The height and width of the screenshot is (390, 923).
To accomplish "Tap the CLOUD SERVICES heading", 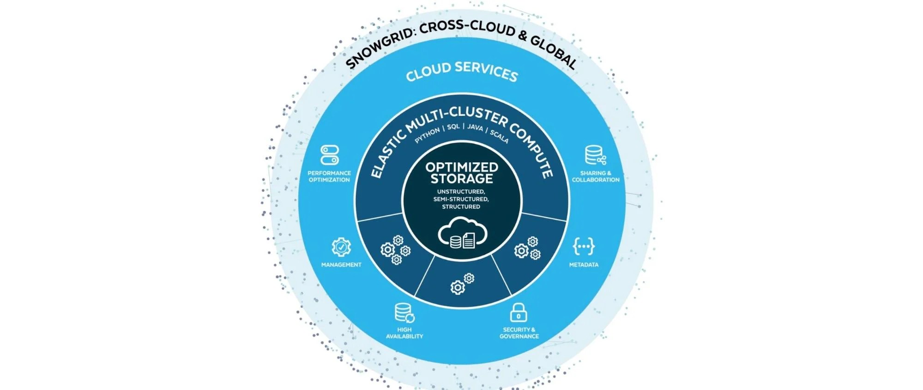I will tap(462, 72).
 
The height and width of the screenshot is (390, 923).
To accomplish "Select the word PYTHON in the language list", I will tap(427, 135).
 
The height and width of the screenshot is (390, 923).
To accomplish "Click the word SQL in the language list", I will tap(453, 127).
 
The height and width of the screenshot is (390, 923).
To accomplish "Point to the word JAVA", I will tap(475, 127).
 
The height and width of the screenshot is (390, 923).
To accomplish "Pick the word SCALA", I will tap(499, 136).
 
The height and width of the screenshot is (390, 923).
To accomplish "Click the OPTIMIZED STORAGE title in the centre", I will tap(462, 173).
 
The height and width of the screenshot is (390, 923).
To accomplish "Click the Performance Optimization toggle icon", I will tap(330, 155).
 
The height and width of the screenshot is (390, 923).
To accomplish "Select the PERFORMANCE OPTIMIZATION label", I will tap(329, 177).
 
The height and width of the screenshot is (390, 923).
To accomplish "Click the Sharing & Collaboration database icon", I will tap(595, 155).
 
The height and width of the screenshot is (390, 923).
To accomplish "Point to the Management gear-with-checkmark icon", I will tap(341, 247).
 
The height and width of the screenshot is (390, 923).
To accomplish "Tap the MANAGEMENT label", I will tap(341, 265).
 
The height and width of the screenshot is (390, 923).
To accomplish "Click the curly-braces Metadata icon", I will tap(584, 246).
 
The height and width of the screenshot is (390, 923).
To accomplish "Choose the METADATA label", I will tap(584, 265).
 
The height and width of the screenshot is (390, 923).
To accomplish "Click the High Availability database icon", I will tap(404, 313).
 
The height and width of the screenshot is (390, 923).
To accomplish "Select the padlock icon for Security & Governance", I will tap(519, 313).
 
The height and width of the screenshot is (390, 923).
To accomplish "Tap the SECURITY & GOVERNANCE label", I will tap(519, 333).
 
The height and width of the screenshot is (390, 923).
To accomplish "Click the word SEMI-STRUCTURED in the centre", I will tap(461, 199).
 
